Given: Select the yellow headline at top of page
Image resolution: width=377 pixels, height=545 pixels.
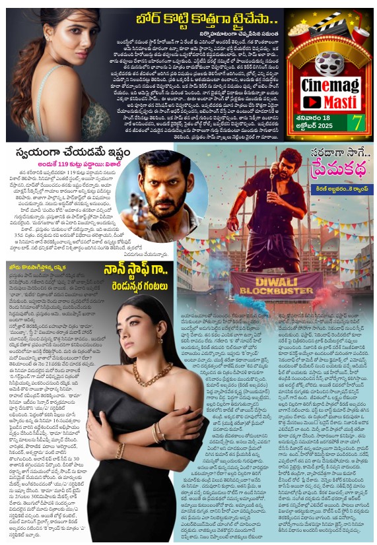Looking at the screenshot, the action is click(196, 18).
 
